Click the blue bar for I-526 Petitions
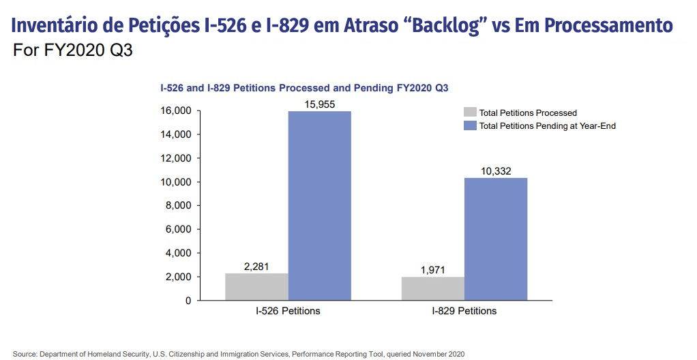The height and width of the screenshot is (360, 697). click(x=320, y=206)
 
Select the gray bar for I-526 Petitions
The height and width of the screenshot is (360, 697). click(x=257, y=286)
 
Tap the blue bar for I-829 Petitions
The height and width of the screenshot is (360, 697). click(x=496, y=239)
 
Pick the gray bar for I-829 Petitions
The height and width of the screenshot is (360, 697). click(x=433, y=288)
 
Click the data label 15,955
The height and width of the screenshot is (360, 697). click(x=320, y=104)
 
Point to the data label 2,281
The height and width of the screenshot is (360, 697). click(x=256, y=267)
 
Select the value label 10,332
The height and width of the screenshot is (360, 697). click(x=496, y=171)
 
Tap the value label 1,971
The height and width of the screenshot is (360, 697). click(x=433, y=270)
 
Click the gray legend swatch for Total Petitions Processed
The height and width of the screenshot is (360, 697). click(x=470, y=112)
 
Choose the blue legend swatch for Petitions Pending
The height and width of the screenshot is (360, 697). click(x=470, y=125)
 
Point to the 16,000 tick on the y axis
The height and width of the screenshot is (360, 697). click(x=176, y=110)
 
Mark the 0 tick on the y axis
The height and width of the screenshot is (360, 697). click(x=188, y=301)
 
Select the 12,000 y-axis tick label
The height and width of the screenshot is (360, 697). click(x=176, y=158)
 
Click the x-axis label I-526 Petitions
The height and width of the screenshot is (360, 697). click(x=288, y=311)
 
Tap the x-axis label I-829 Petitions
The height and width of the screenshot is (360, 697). click(x=464, y=311)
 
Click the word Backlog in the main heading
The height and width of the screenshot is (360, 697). click(x=448, y=26)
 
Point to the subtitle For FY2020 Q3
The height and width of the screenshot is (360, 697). click(x=73, y=50)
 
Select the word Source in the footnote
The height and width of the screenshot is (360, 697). click(x=25, y=355)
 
